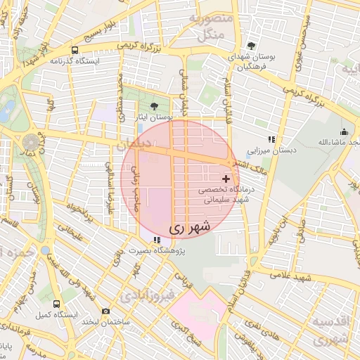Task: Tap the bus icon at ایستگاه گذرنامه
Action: (75, 50)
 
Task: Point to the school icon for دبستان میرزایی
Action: (271, 139)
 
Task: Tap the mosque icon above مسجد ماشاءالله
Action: (344, 131)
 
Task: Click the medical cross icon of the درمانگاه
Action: (225, 180)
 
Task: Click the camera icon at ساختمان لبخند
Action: (105, 311)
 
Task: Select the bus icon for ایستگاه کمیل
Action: (46, 250)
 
